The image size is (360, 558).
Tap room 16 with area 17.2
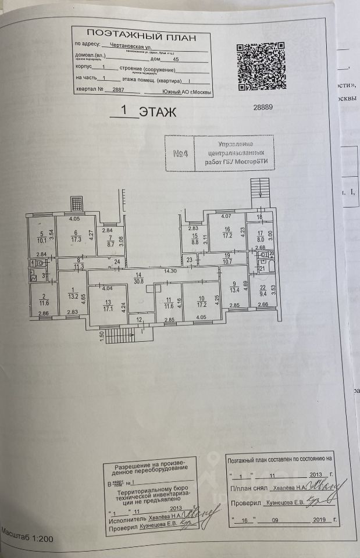coord(226,233)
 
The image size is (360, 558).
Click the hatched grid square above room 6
coord(76,203)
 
